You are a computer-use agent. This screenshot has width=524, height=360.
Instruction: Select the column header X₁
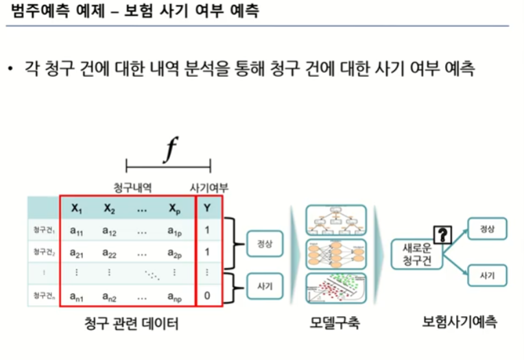pos(77,208)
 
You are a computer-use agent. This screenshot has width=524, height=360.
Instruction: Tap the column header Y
pos(207,208)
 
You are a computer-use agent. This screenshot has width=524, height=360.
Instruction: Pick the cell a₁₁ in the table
pos(77,230)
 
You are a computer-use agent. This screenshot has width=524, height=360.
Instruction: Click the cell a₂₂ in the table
pos(110,252)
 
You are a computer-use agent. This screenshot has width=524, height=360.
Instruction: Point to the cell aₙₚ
pos(175,297)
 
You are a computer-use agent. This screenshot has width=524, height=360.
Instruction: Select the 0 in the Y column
pos(207,297)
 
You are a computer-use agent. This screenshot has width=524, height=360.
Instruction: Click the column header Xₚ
pos(175,208)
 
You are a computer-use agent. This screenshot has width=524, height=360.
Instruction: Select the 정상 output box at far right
pos(488,229)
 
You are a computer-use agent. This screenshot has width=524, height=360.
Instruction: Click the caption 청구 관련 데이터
pos(132,323)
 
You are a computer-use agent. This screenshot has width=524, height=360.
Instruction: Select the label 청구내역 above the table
pos(132,186)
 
